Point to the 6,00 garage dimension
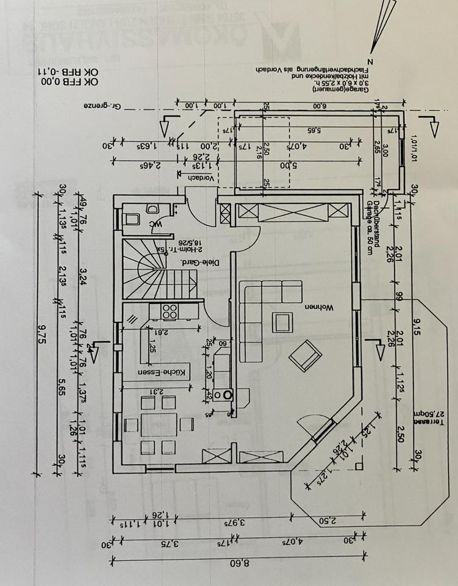coord(320,106)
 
